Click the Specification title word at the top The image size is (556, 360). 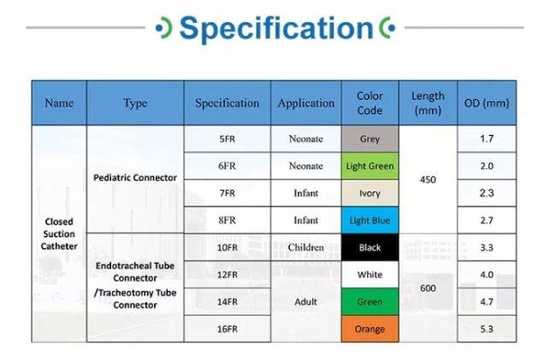276,28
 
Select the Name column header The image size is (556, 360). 59,103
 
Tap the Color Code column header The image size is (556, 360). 370,103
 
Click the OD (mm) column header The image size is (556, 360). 487,103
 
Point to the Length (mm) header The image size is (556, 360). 428,103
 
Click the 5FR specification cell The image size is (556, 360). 228,139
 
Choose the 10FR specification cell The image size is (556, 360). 228,247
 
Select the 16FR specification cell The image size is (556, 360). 228,329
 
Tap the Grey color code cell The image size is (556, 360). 370,139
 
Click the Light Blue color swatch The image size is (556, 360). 370,221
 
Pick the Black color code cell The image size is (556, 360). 370,247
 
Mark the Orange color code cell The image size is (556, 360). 370,329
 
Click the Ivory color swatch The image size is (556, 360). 370,193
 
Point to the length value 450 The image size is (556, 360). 428,180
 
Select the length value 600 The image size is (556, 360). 428,288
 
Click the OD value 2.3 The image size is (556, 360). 487,193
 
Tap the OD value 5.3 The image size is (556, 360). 487,329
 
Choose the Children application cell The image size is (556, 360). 305,247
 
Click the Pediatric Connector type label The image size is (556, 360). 135,178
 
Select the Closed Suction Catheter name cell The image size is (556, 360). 59,233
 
